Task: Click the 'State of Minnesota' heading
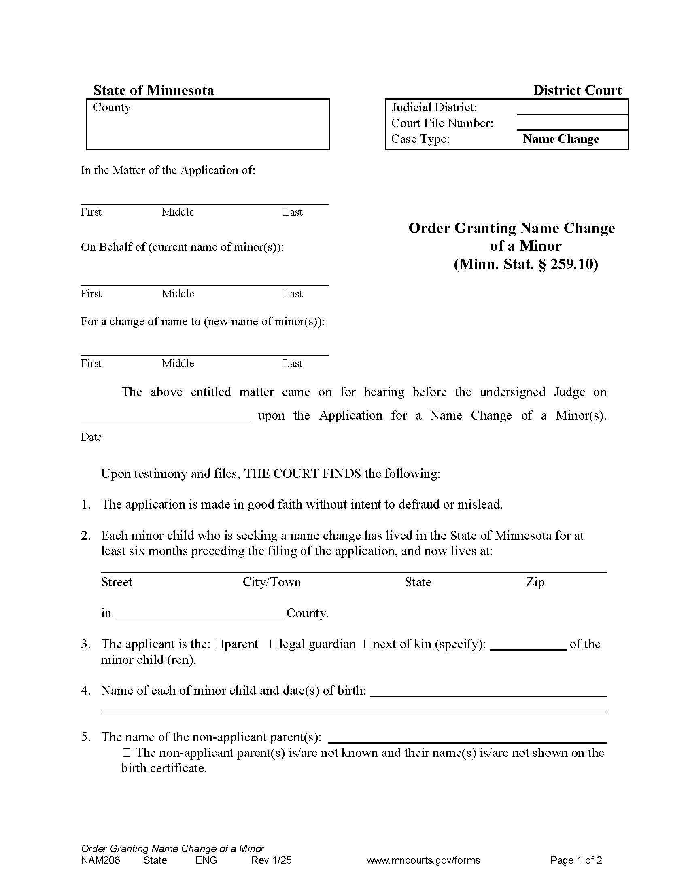[x=153, y=90]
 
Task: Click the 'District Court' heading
[x=577, y=90]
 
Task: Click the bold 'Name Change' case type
[x=561, y=139]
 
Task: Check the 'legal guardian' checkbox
[x=274, y=644]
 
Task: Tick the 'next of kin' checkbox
[x=367, y=644]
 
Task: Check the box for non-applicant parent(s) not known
[x=126, y=753]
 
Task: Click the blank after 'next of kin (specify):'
[x=527, y=646]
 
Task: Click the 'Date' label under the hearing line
[x=91, y=437]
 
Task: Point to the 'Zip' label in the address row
[x=535, y=582]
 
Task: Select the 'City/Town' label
[x=272, y=582]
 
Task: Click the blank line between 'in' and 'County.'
[x=199, y=615]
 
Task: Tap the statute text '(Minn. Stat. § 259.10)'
[x=526, y=265]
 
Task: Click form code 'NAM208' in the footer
[x=101, y=860]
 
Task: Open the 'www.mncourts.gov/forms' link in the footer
[x=423, y=860]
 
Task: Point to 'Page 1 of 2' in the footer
[x=576, y=860]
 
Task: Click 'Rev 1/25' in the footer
[x=272, y=860]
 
